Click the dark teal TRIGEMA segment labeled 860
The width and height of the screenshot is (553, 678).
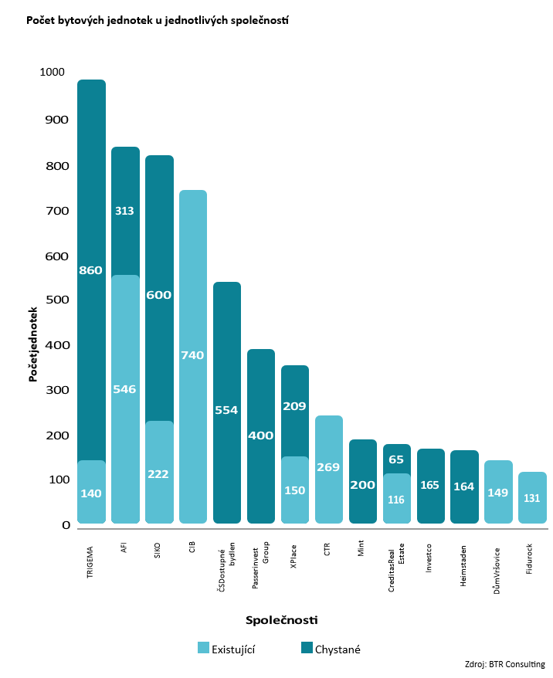coord(91,270)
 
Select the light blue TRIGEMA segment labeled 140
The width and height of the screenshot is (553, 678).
coord(91,493)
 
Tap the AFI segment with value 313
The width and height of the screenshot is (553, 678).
coord(125,211)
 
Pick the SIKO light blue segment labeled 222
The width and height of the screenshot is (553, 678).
coord(159,473)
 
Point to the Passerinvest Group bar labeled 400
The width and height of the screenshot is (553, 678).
coord(261,436)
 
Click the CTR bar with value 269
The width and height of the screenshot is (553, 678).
coord(329,468)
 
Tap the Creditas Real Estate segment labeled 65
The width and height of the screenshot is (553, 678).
coord(396,459)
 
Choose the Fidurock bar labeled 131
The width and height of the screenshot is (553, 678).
coord(532,498)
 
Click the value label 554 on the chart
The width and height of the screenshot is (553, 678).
coord(227,410)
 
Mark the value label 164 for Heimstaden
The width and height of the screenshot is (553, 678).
coord(464,486)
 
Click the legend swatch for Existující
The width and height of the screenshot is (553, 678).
coord(204,649)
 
